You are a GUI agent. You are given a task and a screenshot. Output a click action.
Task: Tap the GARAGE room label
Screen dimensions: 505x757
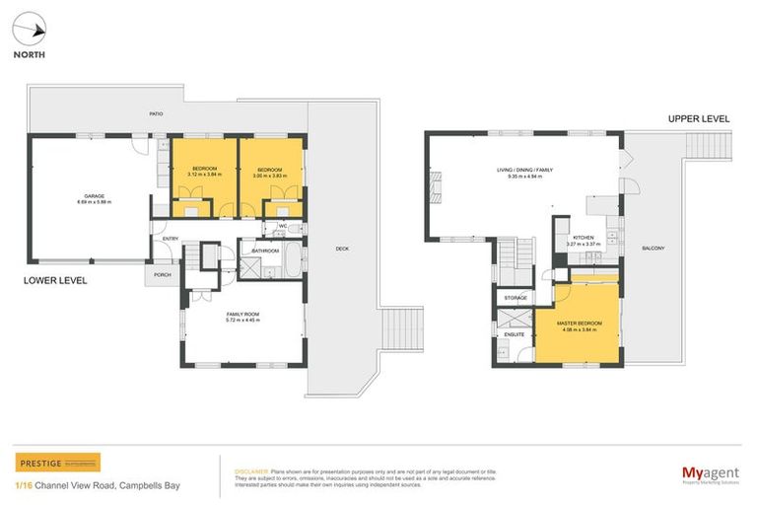(x=94, y=196)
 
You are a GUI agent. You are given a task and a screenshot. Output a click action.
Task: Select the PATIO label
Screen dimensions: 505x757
(x=156, y=114)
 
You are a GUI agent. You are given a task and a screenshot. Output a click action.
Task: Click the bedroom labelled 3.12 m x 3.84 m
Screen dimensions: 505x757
(x=204, y=172)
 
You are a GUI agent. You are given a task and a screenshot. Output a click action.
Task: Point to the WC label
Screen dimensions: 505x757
(x=282, y=227)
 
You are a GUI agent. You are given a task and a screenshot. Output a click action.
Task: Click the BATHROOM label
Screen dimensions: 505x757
(x=266, y=251)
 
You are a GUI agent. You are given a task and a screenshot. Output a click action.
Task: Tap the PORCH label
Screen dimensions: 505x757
(x=163, y=275)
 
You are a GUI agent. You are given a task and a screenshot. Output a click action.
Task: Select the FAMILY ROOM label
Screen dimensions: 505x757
(x=241, y=317)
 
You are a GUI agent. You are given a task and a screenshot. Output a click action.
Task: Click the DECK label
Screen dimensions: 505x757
(x=342, y=249)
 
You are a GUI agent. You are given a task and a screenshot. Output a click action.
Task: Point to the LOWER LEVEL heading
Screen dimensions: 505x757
(x=55, y=281)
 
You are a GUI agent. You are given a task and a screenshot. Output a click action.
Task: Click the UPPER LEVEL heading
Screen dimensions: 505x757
(x=698, y=118)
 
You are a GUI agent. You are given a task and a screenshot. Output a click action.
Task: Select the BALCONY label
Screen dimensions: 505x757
(x=652, y=249)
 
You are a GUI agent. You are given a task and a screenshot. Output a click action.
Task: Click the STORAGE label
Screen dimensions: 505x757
(x=516, y=298)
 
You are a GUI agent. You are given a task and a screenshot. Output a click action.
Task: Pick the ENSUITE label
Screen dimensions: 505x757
(x=514, y=335)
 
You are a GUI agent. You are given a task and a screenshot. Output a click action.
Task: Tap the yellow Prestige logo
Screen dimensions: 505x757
(x=57, y=463)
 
